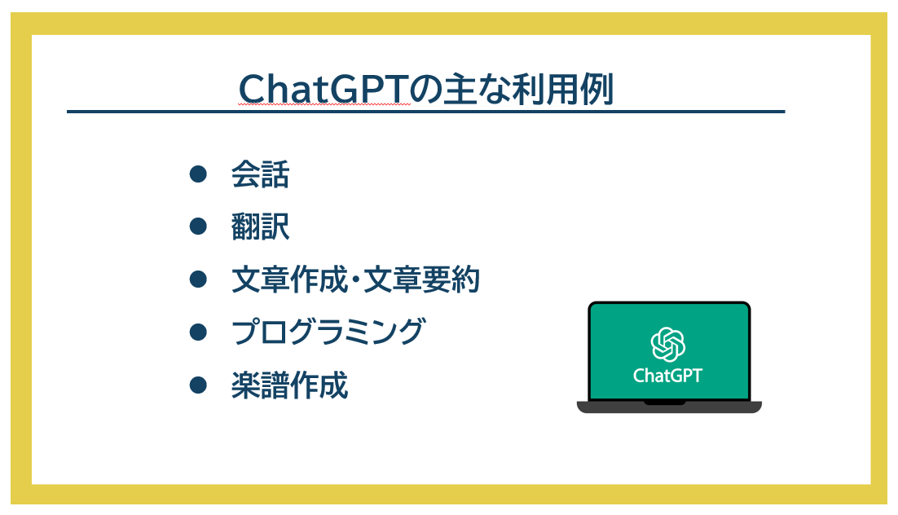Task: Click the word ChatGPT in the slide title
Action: [324, 89]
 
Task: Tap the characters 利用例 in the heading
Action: [562, 89]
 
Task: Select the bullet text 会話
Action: [260, 174]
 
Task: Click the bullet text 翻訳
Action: [260, 227]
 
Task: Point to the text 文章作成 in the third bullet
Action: [290, 280]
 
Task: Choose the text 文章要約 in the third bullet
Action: [422, 280]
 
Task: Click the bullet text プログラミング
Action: [328, 332]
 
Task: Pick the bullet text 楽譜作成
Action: [290, 385]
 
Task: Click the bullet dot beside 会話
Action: [198, 174]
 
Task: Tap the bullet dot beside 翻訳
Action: [198, 227]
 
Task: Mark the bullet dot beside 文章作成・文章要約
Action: [198, 279]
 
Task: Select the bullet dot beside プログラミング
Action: [198, 332]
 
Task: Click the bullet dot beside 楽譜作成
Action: [198, 385]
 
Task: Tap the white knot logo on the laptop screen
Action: [668, 345]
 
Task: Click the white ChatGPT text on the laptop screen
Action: [667, 376]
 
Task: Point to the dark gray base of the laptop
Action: [669, 407]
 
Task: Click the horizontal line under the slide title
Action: [425, 112]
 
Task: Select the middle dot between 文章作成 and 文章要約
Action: [356, 280]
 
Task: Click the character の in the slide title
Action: [427, 90]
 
